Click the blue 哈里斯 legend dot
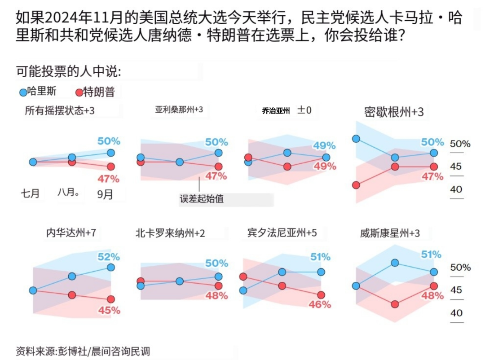(23, 92)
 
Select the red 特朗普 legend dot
(79, 92)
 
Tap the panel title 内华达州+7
(71, 233)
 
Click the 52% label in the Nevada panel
(109, 257)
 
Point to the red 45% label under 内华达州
(109, 310)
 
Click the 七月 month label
(30, 193)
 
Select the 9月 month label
(105, 194)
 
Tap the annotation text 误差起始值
(202, 198)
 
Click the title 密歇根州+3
(394, 112)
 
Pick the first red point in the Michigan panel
(356, 185)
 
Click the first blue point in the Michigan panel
(356, 139)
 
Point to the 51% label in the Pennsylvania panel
(321, 257)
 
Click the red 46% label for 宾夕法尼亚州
(320, 305)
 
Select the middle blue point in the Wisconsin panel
(395, 263)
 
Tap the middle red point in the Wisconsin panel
(395, 304)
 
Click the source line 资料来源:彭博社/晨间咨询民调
(83, 351)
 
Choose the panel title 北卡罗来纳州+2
(170, 233)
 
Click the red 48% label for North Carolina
(216, 296)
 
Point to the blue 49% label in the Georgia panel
(324, 145)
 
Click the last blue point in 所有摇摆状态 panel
(111, 153)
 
